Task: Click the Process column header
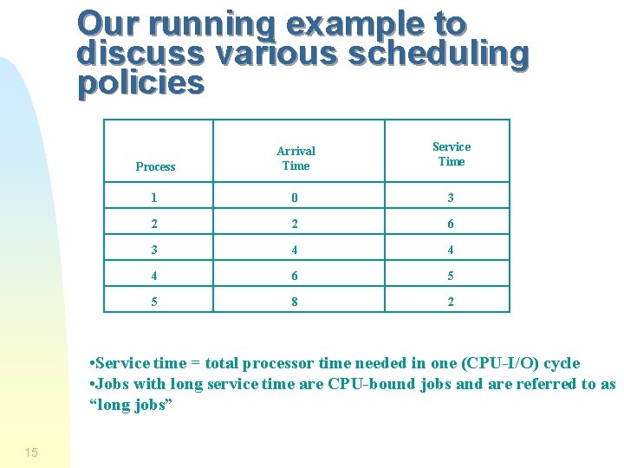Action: [156, 166]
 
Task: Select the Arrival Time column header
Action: [296, 158]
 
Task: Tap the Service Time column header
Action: [451, 153]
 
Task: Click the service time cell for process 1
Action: [450, 198]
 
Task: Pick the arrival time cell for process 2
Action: [294, 224]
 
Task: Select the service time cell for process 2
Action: [450, 224]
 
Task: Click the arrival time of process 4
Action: [294, 276]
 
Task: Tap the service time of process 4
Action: [450, 276]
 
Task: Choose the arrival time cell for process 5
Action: [294, 302]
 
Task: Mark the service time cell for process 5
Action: [450, 302]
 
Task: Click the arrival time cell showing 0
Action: [294, 198]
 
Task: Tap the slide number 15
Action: [31, 452]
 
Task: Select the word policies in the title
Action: [140, 83]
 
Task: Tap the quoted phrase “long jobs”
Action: [132, 405]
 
